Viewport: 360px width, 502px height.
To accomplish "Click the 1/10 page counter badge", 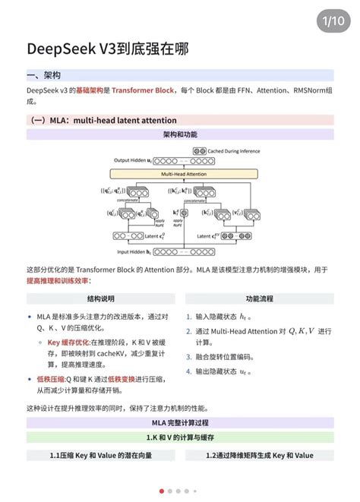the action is (x=332, y=18).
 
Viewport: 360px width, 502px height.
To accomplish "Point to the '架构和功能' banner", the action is (x=180, y=134).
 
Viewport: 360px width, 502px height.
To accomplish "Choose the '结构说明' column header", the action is (x=101, y=299).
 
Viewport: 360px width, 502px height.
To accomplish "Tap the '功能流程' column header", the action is (x=259, y=299).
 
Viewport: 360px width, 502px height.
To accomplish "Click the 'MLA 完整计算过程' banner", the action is (x=180, y=422).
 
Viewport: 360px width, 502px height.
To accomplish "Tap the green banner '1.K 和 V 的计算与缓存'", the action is (x=180, y=438).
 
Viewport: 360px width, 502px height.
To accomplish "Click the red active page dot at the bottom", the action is (x=162, y=491).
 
